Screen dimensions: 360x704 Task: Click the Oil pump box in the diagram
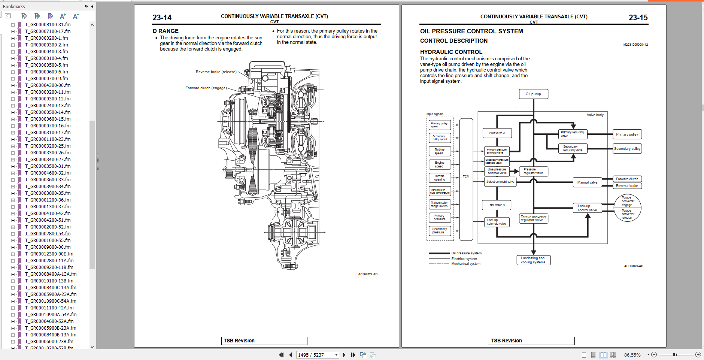(533, 94)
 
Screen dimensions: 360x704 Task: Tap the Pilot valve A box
(497, 133)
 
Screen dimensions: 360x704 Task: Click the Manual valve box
(587, 182)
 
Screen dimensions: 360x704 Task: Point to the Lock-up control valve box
(587, 208)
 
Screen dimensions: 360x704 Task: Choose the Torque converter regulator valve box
(533, 218)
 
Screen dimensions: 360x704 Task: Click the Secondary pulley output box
(627, 149)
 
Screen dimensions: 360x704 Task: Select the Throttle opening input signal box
(439, 178)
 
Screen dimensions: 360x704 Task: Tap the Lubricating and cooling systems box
(533, 260)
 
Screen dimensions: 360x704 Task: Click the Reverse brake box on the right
(627, 186)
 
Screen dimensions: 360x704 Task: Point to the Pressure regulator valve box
(533, 171)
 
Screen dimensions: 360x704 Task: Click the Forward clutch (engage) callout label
(206, 88)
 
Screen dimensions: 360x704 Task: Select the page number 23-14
(162, 18)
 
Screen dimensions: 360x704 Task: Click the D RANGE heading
(166, 31)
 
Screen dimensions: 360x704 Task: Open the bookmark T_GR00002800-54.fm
(48, 234)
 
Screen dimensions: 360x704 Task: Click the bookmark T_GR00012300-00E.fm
(49, 254)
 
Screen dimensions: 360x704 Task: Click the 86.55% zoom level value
(632, 355)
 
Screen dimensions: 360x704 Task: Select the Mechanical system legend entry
(465, 264)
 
